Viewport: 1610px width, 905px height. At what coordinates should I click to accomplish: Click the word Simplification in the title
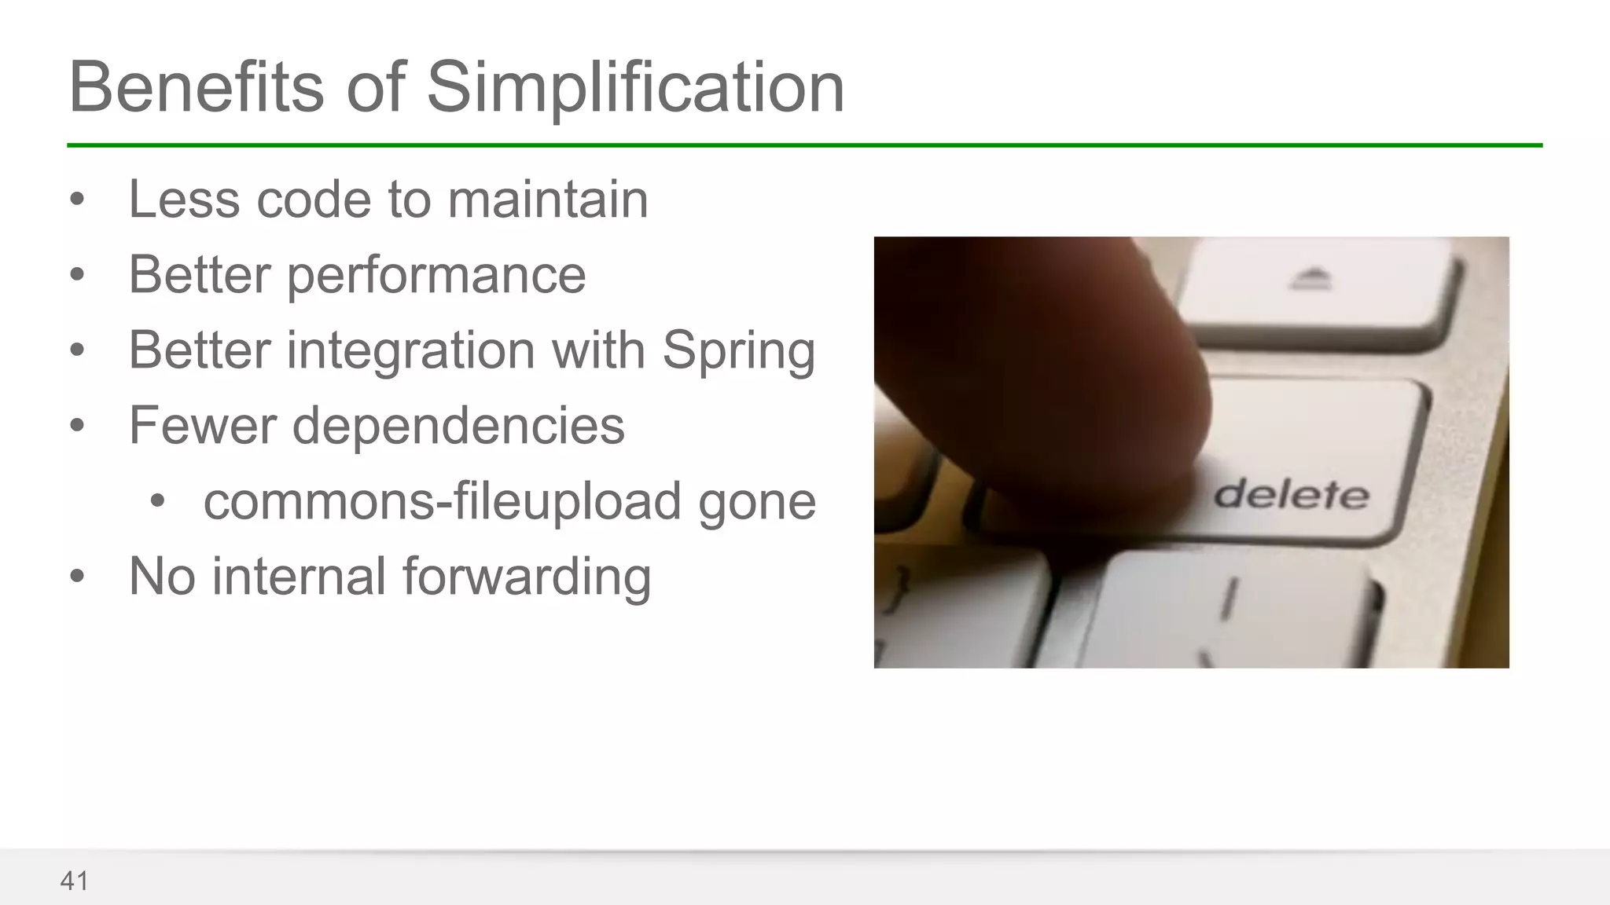tap(635, 88)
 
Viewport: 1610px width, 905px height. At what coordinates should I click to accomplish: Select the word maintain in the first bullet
tap(548, 200)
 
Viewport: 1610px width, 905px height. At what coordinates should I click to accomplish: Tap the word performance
tap(436, 277)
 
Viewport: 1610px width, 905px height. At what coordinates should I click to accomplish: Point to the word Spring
tap(738, 351)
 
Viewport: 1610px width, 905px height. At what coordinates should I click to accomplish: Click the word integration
tap(410, 351)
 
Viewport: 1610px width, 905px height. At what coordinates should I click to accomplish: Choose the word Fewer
tap(200, 426)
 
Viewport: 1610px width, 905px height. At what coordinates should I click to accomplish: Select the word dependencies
tap(458, 426)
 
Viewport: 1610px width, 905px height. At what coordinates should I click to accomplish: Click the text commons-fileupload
tap(442, 501)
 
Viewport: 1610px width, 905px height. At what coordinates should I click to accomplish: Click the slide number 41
tap(74, 881)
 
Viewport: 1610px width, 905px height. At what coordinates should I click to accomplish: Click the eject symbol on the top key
tap(1311, 278)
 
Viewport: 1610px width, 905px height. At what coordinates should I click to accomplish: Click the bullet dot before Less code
tap(76, 200)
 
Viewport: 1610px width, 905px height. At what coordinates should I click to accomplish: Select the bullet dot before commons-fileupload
tap(157, 501)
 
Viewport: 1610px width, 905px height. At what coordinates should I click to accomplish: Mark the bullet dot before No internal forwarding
tap(76, 577)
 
